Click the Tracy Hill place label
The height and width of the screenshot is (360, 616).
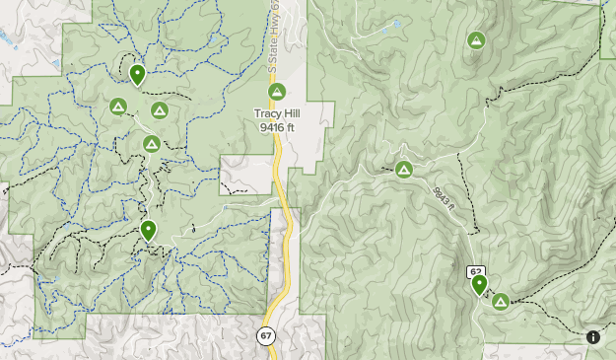click(277, 113)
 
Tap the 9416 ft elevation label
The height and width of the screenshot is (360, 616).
click(277, 127)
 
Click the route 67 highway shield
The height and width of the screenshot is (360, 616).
click(266, 336)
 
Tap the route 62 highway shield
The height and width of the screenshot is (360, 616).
click(476, 271)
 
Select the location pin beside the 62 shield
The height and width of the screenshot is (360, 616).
click(480, 285)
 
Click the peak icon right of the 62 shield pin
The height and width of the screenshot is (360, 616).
click(500, 301)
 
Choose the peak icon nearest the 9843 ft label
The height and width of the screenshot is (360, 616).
click(404, 170)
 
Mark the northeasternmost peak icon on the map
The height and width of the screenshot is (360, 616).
click(476, 40)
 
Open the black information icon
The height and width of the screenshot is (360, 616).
click(593, 337)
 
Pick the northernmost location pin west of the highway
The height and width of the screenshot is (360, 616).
click(137, 73)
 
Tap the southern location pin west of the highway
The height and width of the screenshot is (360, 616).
click(148, 230)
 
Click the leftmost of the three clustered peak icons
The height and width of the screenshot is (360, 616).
click(118, 107)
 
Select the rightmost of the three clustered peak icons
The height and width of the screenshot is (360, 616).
click(160, 110)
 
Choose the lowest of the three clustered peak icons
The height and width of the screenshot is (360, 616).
click(151, 144)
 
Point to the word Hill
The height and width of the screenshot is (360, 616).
click(290, 113)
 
